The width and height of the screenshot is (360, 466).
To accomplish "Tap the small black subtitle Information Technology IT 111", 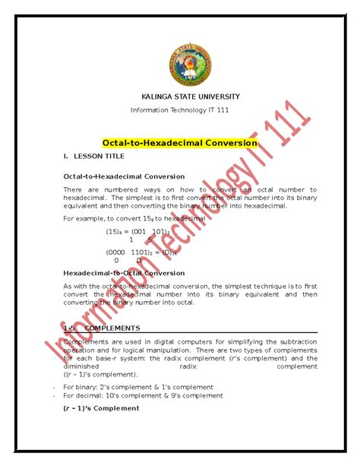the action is (x=180, y=110).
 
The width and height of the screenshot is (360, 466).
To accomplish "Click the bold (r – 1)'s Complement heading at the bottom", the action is (x=101, y=408).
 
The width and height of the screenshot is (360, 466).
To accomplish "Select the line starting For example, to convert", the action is (x=134, y=218).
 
